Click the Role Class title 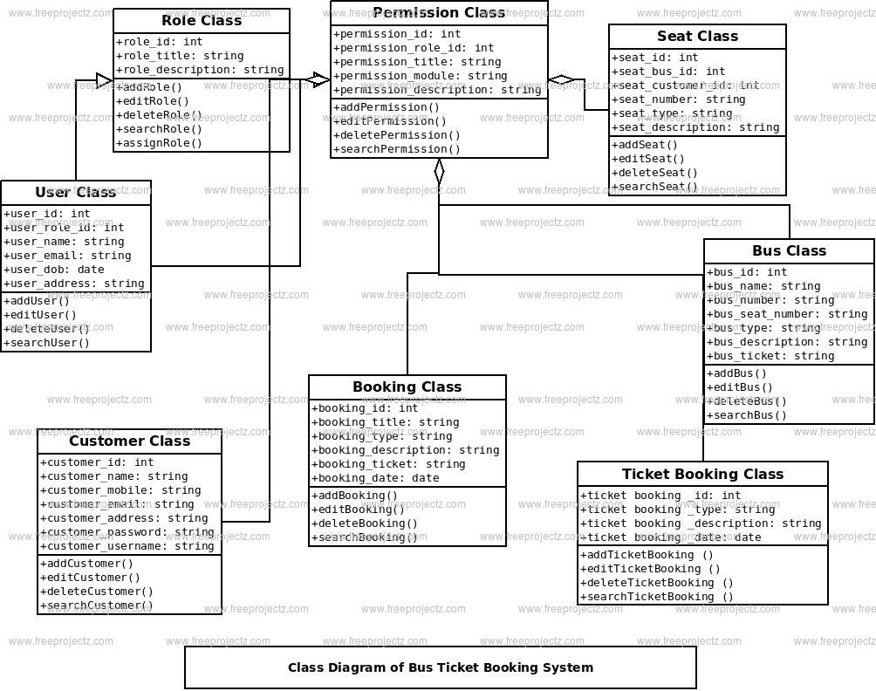202,21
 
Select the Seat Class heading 697,37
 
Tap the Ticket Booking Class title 702,475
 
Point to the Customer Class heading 129,441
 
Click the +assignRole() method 159,143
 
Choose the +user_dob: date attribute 54,270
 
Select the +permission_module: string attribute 421,76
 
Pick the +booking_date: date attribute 376,478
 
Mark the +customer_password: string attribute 127,532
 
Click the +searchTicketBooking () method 657,597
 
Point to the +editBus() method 740,387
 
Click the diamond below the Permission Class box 439,172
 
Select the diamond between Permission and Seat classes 561,80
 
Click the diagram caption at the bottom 441,668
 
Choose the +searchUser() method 47,343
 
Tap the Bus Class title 789,251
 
